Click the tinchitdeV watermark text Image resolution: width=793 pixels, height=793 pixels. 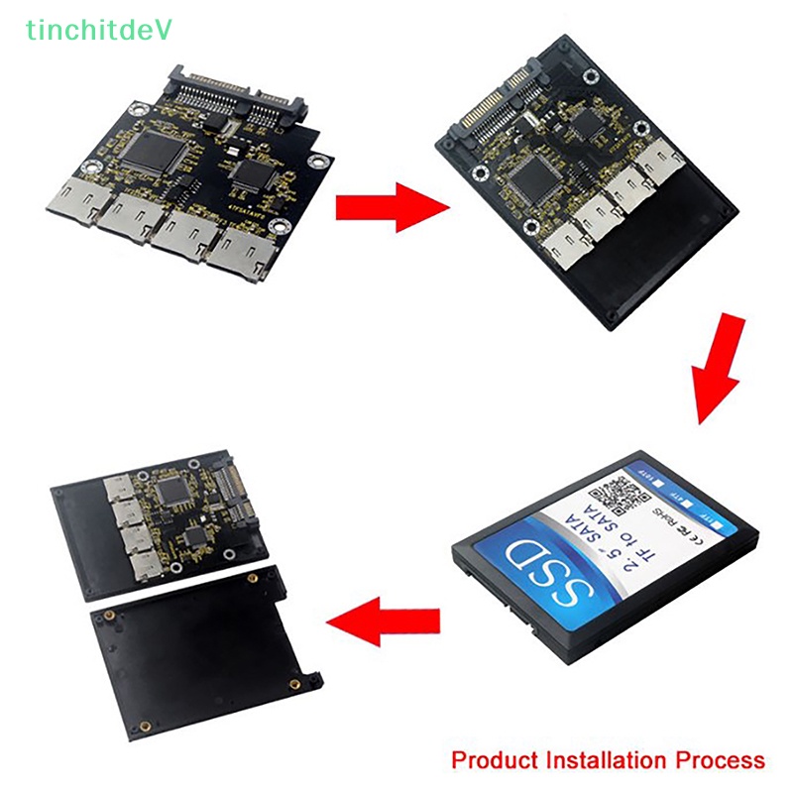(99, 30)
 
